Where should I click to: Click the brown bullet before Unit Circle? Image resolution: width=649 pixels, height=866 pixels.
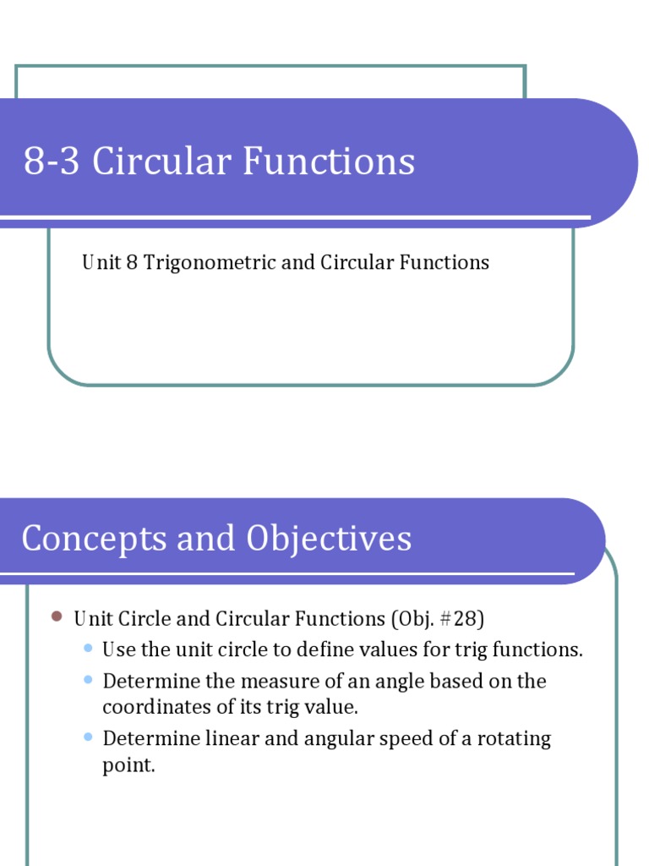click(57, 617)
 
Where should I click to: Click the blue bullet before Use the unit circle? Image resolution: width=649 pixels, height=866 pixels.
click(89, 648)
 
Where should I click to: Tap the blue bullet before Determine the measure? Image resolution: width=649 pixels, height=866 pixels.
click(89, 679)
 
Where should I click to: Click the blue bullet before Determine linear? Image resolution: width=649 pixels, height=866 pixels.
click(89, 737)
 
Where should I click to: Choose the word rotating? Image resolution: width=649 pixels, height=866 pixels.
click(510, 738)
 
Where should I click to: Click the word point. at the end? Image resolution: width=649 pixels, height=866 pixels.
click(129, 765)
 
